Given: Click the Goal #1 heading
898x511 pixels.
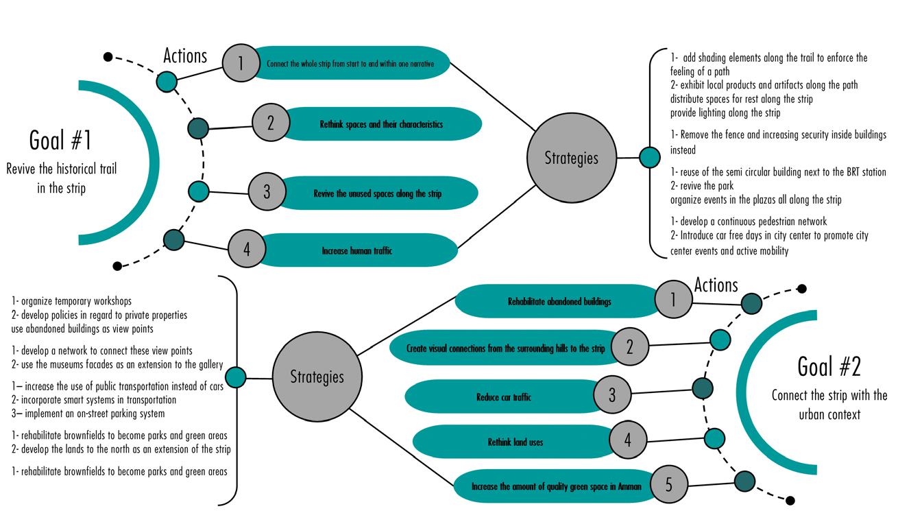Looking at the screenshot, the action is coord(60,140).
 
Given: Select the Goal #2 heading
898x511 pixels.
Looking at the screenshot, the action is coord(829,366).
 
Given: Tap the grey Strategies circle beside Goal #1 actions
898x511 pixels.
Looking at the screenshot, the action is coord(571,158).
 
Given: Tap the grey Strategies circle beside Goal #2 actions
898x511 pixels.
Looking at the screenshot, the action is coord(317,377).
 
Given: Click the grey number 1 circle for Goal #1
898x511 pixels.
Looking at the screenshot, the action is coord(241,63).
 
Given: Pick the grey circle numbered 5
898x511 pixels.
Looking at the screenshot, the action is coord(668,484).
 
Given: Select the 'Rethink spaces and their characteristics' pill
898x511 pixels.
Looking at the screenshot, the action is coord(381,124).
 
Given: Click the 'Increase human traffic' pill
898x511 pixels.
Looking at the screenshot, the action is coord(356,250).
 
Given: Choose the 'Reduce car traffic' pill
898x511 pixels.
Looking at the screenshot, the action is coord(504,396).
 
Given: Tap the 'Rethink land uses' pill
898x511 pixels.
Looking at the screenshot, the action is coord(515,442).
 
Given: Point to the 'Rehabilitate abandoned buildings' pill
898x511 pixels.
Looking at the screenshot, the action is coord(559,301).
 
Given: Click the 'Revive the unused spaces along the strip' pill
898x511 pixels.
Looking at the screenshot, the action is coord(377,193).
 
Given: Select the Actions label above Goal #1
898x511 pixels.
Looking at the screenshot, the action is coord(185,56).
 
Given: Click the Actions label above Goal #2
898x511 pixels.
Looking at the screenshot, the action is coord(716,285).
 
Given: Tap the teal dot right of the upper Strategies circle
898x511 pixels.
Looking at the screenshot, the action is coord(649,157).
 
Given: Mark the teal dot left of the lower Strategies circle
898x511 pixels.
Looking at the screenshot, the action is coord(235,377).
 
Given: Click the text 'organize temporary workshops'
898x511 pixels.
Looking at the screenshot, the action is coord(76,301).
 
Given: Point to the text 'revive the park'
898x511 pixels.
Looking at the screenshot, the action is coord(707,186).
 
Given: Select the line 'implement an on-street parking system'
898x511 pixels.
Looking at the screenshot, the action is coord(95,414).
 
